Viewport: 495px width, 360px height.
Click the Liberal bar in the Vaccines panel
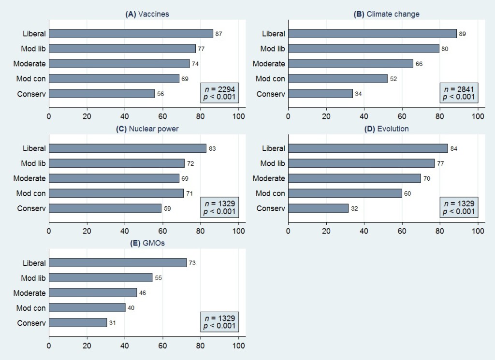point(131,33)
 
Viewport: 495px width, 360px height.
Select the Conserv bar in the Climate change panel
point(320,94)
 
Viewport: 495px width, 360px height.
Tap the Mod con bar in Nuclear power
point(116,193)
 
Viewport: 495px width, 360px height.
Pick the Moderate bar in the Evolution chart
point(354,178)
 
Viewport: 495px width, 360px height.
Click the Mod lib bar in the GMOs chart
point(100,278)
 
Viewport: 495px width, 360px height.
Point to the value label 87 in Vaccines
point(218,34)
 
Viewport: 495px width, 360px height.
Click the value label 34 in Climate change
point(358,94)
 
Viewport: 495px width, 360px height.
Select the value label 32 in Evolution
point(354,208)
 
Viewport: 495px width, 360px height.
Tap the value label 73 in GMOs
point(192,263)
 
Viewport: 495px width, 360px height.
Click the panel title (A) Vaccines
point(147,14)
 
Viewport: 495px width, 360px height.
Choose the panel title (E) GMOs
point(147,243)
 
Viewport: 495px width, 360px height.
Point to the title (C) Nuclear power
point(147,129)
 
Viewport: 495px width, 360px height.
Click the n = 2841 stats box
point(459,92)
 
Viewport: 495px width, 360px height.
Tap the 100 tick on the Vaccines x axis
point(239,116)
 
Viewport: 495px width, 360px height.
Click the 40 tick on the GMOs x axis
point(125,346)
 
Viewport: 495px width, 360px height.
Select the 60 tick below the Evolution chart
point(402,231)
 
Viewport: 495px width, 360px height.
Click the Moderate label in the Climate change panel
point(269,64)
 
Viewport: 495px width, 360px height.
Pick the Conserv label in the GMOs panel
point(31,323)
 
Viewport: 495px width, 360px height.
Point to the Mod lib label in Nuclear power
point(33,163)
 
